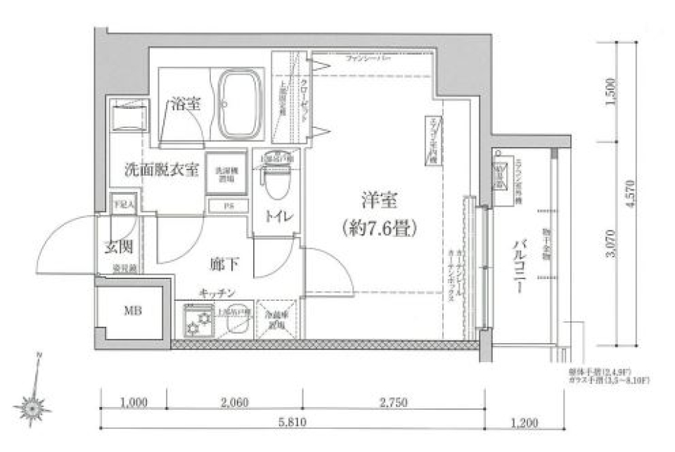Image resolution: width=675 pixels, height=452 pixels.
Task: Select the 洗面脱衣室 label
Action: pyautogui.click(x=161, y=169)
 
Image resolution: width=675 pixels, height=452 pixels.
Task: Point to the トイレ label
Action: pyautogui.click(x=278, y=216)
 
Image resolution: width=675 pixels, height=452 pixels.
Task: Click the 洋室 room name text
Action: pyautogui.click(x=380, y=202)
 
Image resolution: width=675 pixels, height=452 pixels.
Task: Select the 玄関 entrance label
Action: pyautogui.click(x=119, y=247)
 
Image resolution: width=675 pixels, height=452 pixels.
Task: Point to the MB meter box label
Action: pyautogui.click(x=132, y=311)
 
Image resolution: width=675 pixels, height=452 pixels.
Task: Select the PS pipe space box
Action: pyautogui.click(x=227, y=206)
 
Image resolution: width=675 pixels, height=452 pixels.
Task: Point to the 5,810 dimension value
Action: pyautogui.click(x=290, y=423)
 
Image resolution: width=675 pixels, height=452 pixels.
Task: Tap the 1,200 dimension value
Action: pyautogui.click(x=524, y=423)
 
